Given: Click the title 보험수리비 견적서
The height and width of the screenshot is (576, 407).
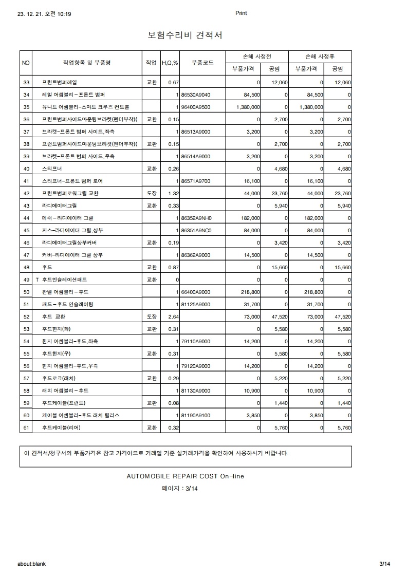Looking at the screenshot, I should click(185, 35).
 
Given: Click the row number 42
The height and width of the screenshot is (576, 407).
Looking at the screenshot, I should click(27, 194).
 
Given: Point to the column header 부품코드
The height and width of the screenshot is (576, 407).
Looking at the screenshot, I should click(202, 63).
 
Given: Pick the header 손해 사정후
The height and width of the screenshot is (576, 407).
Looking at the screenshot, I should click(320, 57).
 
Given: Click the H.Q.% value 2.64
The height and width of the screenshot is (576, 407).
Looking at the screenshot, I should click(173, 317).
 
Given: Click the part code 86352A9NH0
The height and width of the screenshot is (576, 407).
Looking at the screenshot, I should click(196, 218).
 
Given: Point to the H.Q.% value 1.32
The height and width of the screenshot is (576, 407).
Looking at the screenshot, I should click(173, 194).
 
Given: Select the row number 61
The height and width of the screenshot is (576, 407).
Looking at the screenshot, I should click(27, 428).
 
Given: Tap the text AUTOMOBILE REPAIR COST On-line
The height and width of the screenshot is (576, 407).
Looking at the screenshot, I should click(185, 476).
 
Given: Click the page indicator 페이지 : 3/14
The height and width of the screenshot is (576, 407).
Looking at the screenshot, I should click(179, 489).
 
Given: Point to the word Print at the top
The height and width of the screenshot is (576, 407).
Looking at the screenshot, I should click(241, 13).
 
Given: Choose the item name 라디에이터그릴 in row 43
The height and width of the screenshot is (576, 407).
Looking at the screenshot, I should click(59, 206).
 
